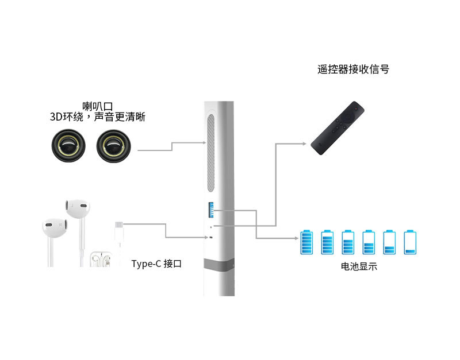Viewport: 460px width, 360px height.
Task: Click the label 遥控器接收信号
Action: click(x=353, y=69)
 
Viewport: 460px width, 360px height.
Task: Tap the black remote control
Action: click(x=338, y=127)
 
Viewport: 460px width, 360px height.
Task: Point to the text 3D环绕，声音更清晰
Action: click(x=98, y=117)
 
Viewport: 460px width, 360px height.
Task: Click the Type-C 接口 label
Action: click(x=156, y=264)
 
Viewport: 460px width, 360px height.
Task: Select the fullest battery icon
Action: click(x=307, y=242)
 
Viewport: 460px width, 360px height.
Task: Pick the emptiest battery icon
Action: click(x=410, y=242)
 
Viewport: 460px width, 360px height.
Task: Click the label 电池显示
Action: click(x=359, y=267)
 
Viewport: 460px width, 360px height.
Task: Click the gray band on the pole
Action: click(x=219, y=265)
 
